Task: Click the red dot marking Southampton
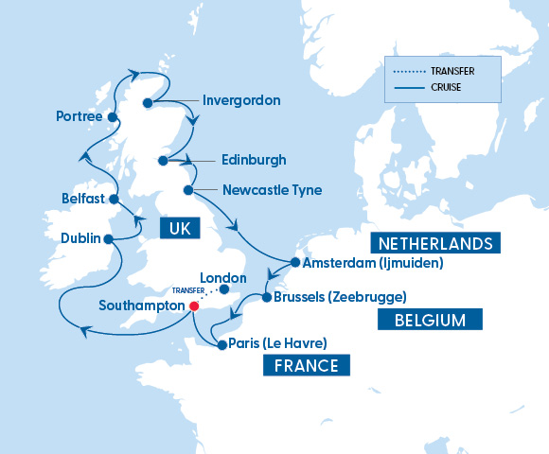point(193,306)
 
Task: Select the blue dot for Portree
point(113,118)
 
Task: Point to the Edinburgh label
point(253,160)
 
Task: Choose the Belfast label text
point(81,200)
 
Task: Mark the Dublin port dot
point(108,238)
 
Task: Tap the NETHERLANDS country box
point(434,243)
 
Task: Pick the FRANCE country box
point(306,364)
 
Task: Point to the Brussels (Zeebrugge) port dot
point(267,297)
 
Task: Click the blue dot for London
point(223,289)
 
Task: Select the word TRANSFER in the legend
point(452,71)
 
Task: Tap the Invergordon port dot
point(148,103)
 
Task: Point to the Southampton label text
point(141,306)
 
